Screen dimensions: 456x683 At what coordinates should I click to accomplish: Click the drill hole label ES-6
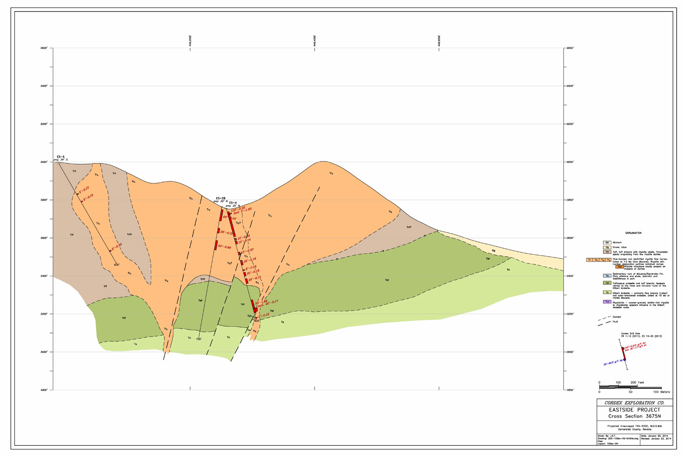pyautogui.click(x=61, y=157)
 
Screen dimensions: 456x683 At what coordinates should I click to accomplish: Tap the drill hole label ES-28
pyautogui.click(x=220, y=198)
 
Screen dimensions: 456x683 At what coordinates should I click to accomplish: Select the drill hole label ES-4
pyautogui.click(x=233, y=203)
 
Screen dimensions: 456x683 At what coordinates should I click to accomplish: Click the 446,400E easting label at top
pyautogui.click(x=315, y=41)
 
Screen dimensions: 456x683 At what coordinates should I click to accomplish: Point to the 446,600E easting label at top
pyautogui.click(x=439, y=41)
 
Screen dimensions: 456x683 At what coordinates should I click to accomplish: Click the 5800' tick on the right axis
pyautogui.click(x=570, y=200)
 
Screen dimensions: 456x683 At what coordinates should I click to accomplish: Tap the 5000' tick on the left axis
pyautogui.click(x=44, y=352)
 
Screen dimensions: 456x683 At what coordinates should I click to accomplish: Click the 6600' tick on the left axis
pyautogui.click(x=44, y=48)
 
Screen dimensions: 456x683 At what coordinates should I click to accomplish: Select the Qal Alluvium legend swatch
pyautogui.click(x=607, y=242)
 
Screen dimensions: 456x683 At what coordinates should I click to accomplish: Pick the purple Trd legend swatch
pyautogui.click(x=607, y=302)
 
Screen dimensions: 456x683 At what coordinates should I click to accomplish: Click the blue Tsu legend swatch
pyautogui.click(x=607, y=276)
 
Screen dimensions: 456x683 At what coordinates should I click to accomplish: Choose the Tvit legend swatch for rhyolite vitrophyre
pyautogui.click(x=619, y=267)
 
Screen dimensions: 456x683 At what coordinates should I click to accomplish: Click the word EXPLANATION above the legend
pyautogui.click(x=633, y=233)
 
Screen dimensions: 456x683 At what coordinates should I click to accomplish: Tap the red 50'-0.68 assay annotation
pyautogui.click(x=225, y=247)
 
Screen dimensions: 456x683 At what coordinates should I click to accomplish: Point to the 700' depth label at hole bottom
pyautogui.click(x=198, y=339)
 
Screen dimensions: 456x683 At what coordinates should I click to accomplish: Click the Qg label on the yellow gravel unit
pyautogui.click(x=493, y=251)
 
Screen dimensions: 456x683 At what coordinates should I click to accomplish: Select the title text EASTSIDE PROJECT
pyautogui.click(x=634, y=410)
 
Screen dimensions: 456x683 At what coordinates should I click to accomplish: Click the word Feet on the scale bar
pyautogui.click(x=641, y=382)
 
